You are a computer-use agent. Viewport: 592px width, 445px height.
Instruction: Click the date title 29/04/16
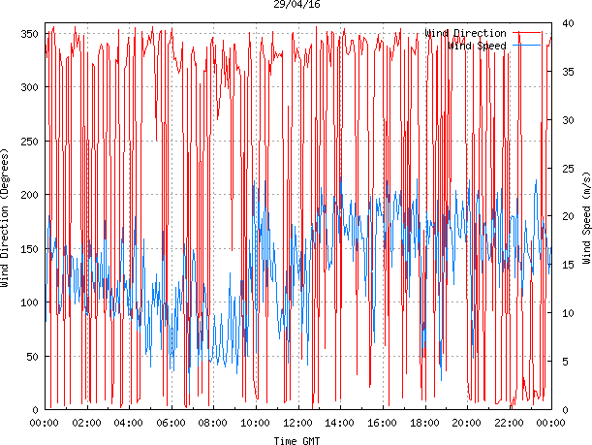tap(296, 5)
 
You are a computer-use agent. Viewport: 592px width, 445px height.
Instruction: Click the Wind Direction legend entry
tap(464, 33)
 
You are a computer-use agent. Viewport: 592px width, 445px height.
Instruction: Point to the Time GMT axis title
tap(296, 440)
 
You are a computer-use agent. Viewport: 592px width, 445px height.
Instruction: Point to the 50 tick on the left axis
tap(29, 357)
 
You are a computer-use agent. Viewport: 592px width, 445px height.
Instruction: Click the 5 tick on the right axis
tap(567, 362)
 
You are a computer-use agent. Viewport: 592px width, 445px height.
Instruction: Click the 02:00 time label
tap(87, 424)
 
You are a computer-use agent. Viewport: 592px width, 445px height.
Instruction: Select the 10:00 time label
tap(256, 424)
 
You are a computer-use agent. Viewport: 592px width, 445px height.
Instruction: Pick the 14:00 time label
tap(340, 424)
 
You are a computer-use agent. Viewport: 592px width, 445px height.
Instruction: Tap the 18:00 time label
tap(424, 424)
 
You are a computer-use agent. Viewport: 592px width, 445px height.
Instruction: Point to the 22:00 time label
tap(509, 424)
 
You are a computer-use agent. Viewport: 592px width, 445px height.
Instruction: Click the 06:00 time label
tap(171, 424)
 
